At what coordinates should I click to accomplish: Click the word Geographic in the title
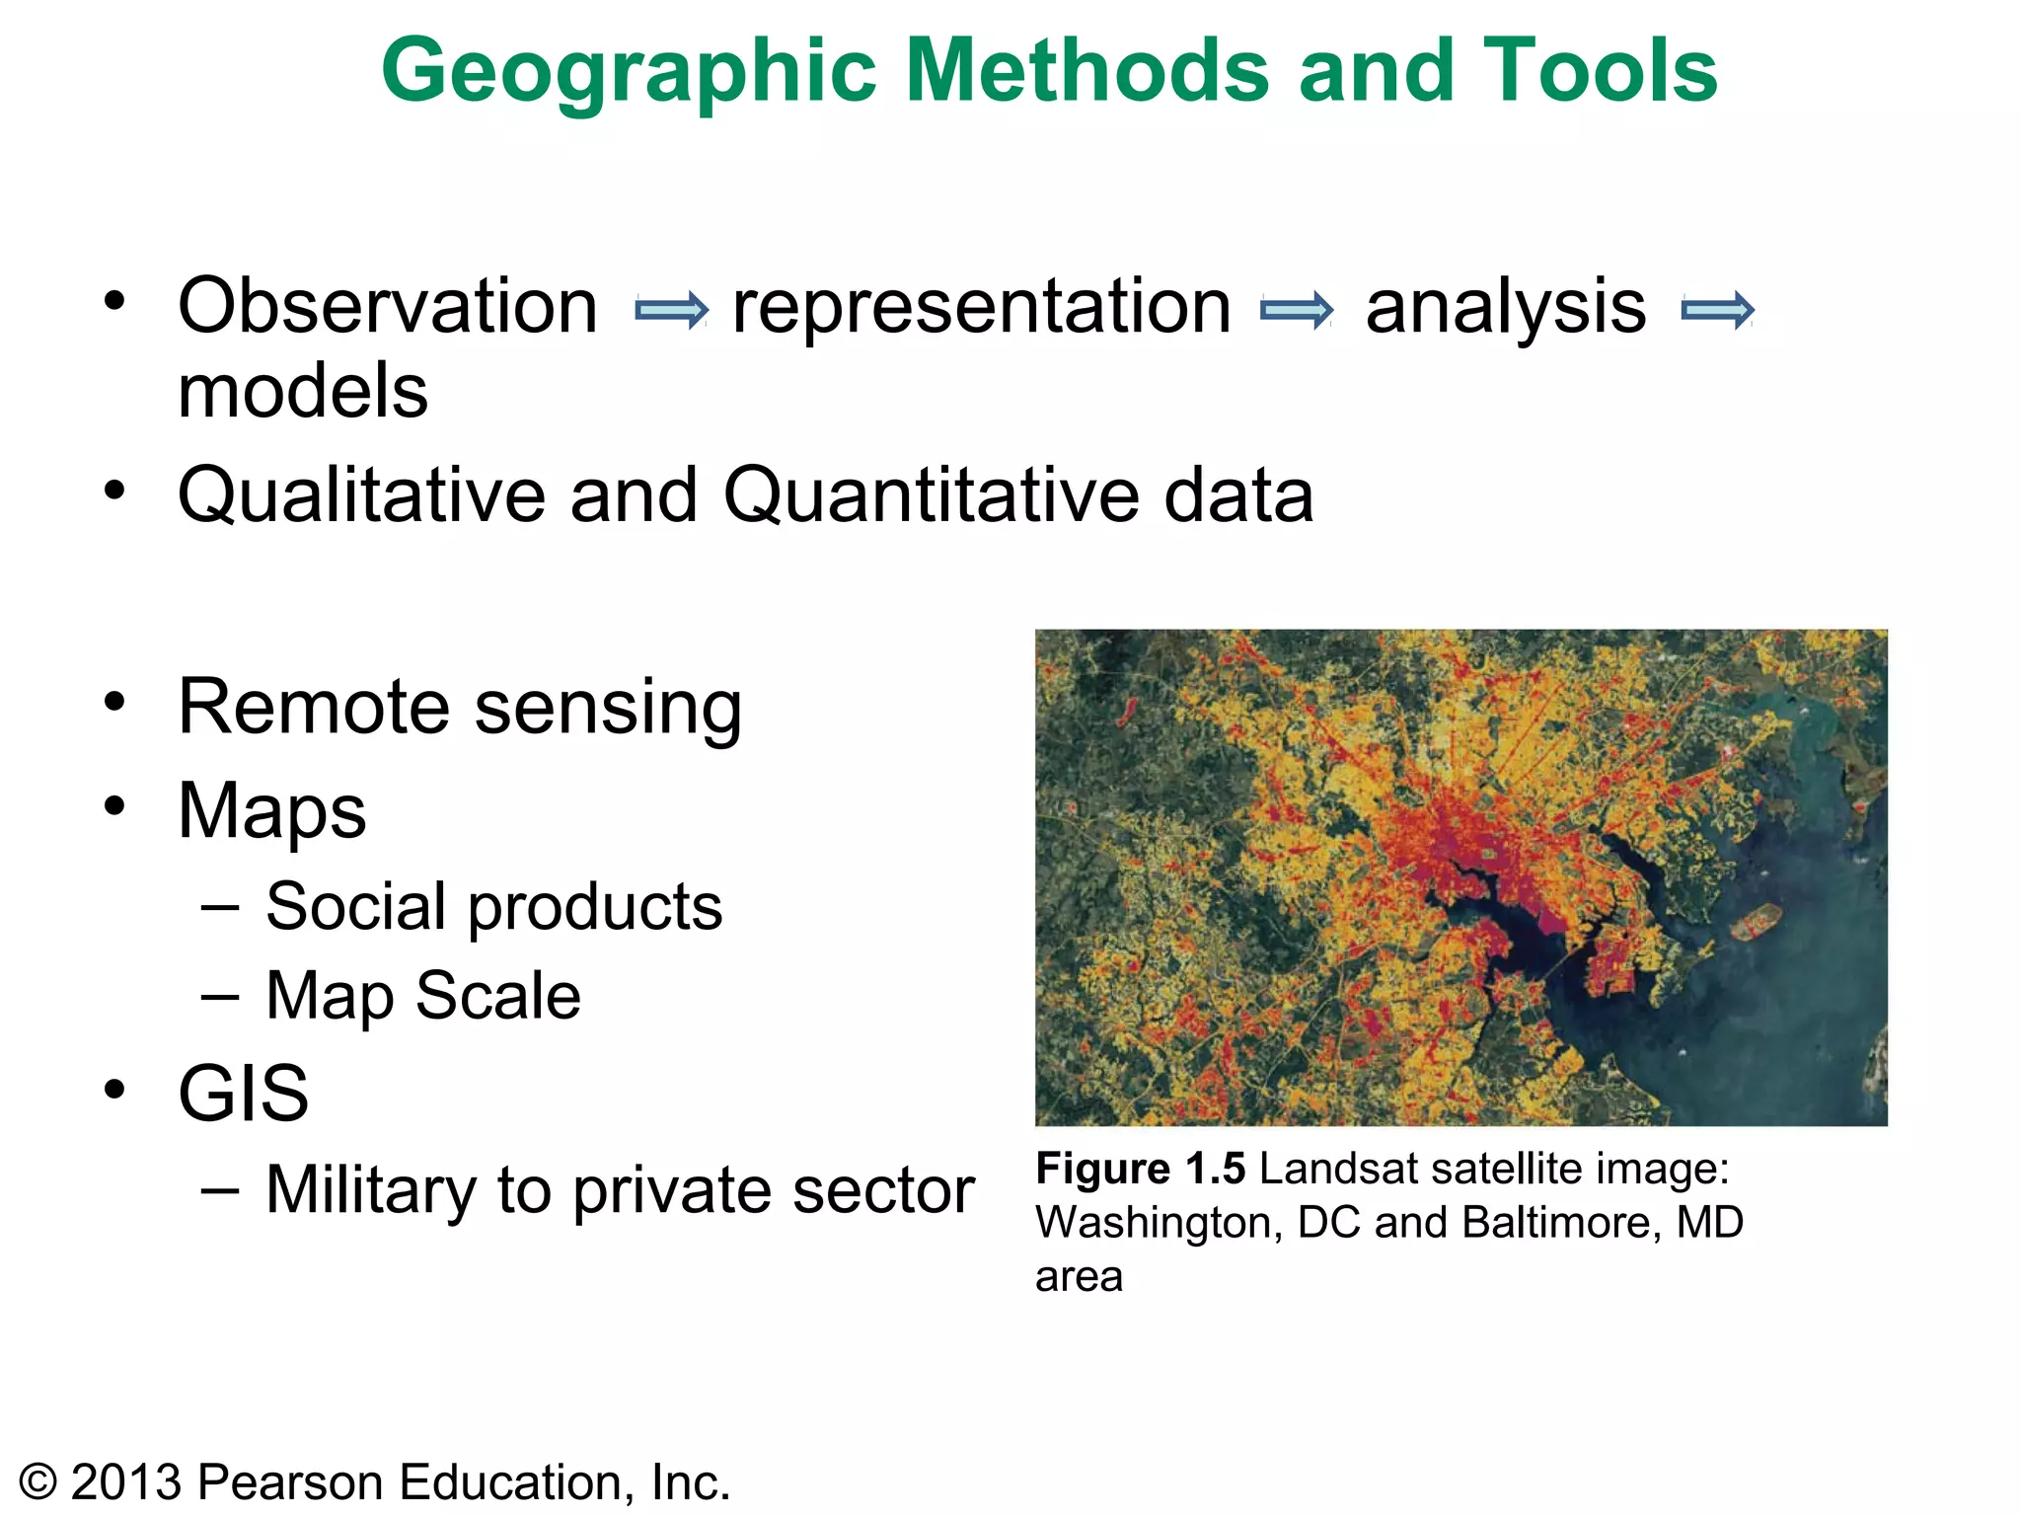pyautogui.click(x=629, y=71)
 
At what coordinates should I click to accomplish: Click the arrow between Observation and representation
pyautogui.click(x=671, y=310)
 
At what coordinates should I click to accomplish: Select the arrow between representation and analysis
pyautogui.click(x=1297, y=310)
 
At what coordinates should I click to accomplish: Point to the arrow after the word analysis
pyautogui.click(x=1717, y=310)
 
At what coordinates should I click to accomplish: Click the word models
pyautogui.click(x=303, y=391)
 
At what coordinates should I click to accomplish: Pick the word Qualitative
pyautogui.click(x=361, y=494)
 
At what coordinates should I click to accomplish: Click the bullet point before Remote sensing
pyautogui.click(x=115, y=702)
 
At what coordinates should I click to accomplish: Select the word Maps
pyautogui.click(x=271, y=811)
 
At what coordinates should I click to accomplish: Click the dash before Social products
pyautogui.click(x=219, y=906)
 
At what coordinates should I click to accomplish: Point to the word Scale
pyautogui.click(x=497, y=995)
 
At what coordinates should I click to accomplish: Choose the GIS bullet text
pyautogui.click(x=243, y=1093)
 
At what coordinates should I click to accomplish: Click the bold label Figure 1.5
pyautogui.click(x=1140, y=1169)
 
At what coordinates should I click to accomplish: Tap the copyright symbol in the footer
pyautogui.click(x=38, y=1482)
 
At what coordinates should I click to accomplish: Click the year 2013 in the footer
pyautogui.click(x=127, y=1482)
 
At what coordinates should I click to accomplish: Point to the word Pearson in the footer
pyautogui.click(x=290, y=1482)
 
